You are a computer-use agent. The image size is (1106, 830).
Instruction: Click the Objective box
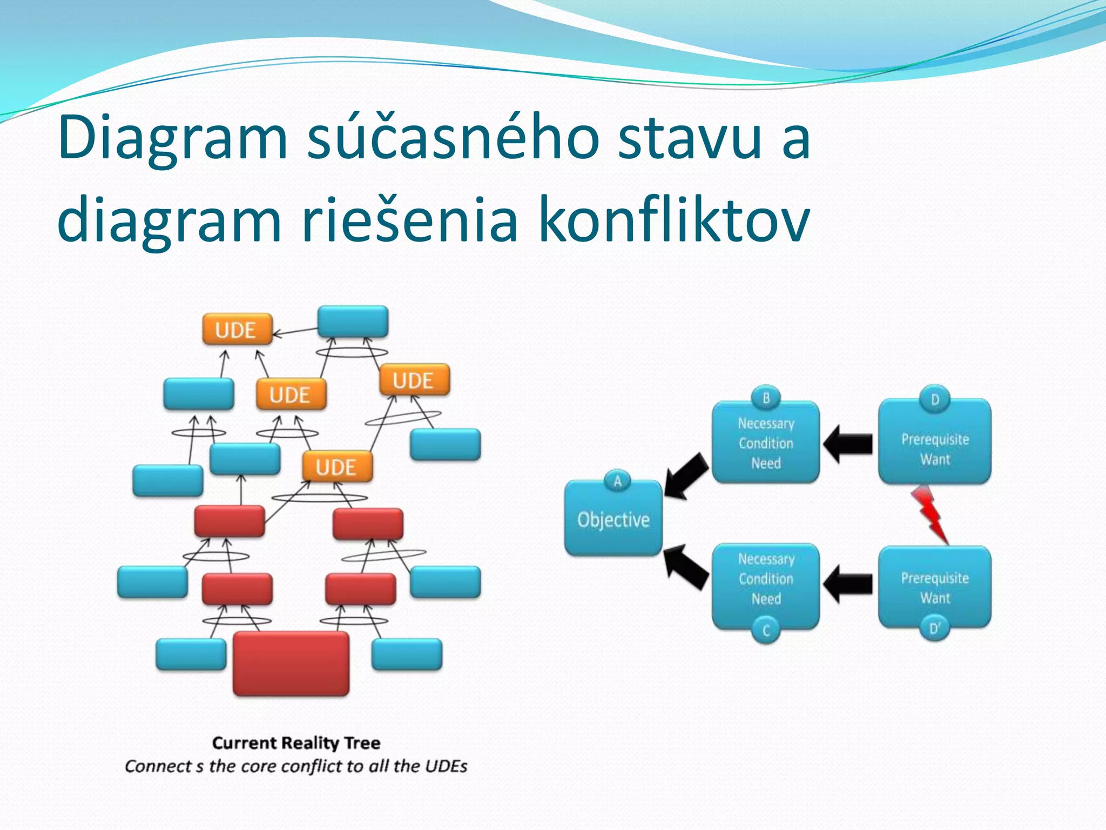(613, 519)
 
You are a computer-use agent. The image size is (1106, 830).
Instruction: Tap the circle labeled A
(617, 480)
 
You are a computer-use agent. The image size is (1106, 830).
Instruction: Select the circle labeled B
(766, 398)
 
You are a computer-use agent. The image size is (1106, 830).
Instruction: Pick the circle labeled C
(766, 630)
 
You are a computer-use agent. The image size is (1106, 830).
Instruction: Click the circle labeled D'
(934, 628)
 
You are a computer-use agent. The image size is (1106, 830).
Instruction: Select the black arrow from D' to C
(848, 584)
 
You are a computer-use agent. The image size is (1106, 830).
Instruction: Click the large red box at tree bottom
(291, 664)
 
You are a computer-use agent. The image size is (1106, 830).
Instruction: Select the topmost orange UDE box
(237, 329)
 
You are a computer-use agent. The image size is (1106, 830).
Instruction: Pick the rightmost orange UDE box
(414, 380)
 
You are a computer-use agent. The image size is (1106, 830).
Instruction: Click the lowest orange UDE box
(337, 467)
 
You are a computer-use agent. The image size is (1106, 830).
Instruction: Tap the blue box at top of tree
(353, 322)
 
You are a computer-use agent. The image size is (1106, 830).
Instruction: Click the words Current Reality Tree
(296, 743)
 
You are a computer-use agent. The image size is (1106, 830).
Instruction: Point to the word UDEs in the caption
(448, 766)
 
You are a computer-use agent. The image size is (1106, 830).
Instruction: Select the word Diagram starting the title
(173, 138)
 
